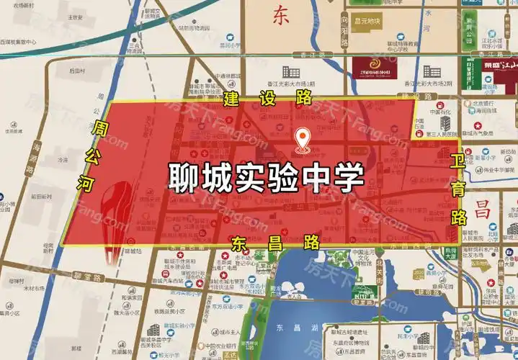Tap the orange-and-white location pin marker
[x=303, y=138]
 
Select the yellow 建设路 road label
[x=259, y=97]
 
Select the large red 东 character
[x=280, y=16]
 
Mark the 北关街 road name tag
[x=379, y=270]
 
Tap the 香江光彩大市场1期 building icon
[x=291, y=71]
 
